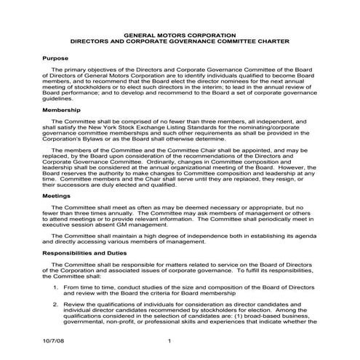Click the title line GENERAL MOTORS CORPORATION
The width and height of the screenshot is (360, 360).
[x=180, y=34]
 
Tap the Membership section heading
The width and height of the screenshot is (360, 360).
[x=63, y=109]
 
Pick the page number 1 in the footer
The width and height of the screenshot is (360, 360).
[x=169, y=341]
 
